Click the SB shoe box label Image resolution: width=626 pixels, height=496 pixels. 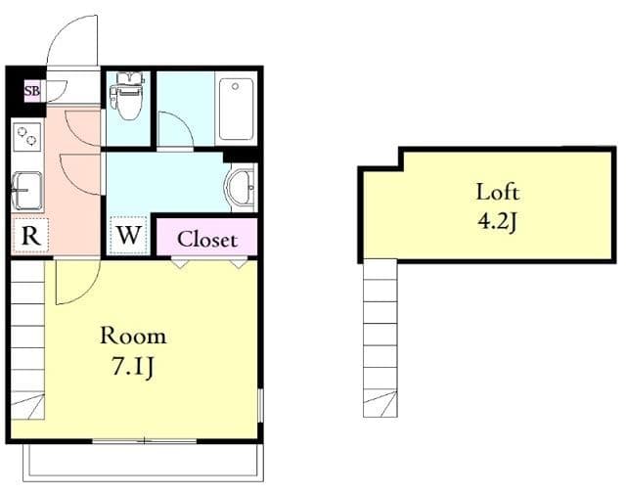click(32, 91)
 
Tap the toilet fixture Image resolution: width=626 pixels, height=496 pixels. click(127, 96)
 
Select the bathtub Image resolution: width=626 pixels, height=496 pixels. click(237, 109)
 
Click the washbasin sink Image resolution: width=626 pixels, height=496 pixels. click(241, 187)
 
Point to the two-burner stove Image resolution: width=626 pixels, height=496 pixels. click(27, 137)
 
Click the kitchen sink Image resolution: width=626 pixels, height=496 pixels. click(27, 191)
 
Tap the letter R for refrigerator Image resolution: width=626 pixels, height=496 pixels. click(30, 236)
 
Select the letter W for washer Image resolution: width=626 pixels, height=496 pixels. click(128, 235)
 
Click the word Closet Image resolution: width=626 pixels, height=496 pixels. click(207, 240)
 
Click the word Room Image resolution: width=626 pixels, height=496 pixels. click(133, 336)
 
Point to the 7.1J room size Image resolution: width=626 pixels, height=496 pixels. click(132, 367)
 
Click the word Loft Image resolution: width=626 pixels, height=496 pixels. click(498, 192)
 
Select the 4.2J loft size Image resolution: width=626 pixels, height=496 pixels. click(498, 221)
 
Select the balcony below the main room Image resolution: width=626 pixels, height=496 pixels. click(143, 462)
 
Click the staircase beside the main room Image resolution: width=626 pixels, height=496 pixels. click(27, 339)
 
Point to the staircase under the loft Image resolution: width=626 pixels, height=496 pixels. click(380, 338)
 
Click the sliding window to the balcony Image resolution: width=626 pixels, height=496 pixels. click(145, 441)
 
